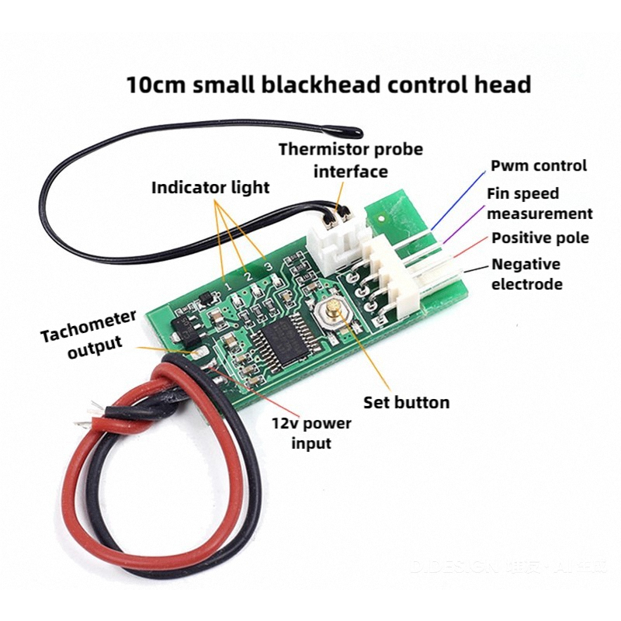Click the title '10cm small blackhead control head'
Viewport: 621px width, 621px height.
click(x=328, y=84)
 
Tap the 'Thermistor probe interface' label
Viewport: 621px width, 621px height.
click(x=351, y=159)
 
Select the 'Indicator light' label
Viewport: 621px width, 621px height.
click(x=210, y=187)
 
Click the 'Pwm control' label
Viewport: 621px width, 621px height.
click(x=539, y=165)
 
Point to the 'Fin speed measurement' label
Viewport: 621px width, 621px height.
click(x=539, y=203)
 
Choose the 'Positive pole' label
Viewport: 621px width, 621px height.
click(x=539, y=238)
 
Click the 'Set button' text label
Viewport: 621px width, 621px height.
click(x=406, y=402)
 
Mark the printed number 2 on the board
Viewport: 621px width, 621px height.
click(x=248, y=276)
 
